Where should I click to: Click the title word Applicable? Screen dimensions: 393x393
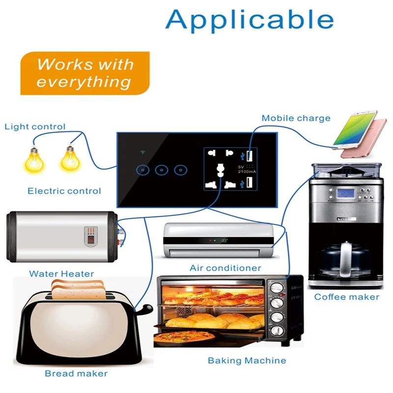pos(250,19)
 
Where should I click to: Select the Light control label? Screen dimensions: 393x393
pos(35,127)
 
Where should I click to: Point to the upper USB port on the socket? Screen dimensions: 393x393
pos(249,157)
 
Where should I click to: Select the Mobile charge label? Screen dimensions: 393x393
pos(296,118)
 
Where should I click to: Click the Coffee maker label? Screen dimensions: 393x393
pos(346,297)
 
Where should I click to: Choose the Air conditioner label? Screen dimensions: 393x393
pos(225,268)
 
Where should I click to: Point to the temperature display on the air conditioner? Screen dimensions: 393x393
pos(224,241)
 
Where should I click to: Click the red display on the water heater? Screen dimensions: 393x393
pos(91,240)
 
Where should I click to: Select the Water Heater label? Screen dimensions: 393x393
pos(61,274)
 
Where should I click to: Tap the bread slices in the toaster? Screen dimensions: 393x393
pos(79,289)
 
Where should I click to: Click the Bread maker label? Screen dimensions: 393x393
pos(76,373)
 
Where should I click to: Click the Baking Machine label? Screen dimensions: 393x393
pos(247,361)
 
